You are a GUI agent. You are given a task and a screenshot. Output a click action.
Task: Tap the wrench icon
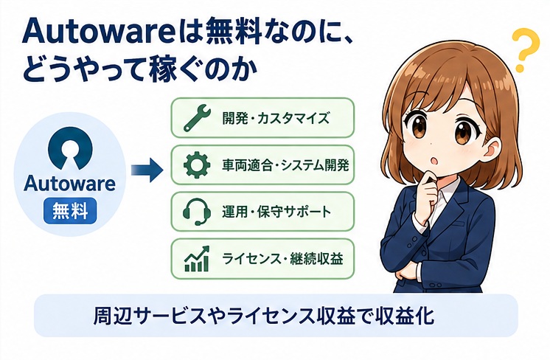[197, 117]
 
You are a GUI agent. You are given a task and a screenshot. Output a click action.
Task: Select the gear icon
[197, 165]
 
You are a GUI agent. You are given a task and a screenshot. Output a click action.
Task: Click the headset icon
[197, 211]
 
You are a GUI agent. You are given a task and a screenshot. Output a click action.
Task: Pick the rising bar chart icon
[197, 259]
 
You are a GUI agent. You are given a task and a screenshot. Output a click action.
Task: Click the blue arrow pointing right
[147, 170]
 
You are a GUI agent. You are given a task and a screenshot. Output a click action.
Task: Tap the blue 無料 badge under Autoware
[70, 211]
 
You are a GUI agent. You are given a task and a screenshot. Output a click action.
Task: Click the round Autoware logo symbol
[70, 148]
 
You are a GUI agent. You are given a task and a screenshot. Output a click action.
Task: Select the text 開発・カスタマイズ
[276, 118]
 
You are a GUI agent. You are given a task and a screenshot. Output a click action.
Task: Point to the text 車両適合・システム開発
[285, 165]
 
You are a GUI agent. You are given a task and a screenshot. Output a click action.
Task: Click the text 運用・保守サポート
[276, 212]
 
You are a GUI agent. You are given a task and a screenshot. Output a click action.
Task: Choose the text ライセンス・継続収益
[282, 259]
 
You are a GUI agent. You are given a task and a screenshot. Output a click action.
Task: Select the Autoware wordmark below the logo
[69, 183]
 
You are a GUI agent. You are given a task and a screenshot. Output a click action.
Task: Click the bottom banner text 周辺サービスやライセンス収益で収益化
[264, 316]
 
